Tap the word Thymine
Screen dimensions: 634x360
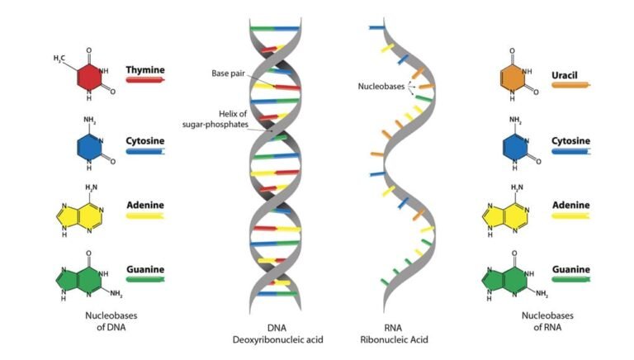[x=144, y=70]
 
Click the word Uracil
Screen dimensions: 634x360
[x=565, y=75]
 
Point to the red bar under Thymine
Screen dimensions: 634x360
[x=145, y=81]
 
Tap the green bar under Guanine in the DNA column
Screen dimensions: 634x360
[x=145, y=281]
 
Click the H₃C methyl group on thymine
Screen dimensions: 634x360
[x=59, y=59]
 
